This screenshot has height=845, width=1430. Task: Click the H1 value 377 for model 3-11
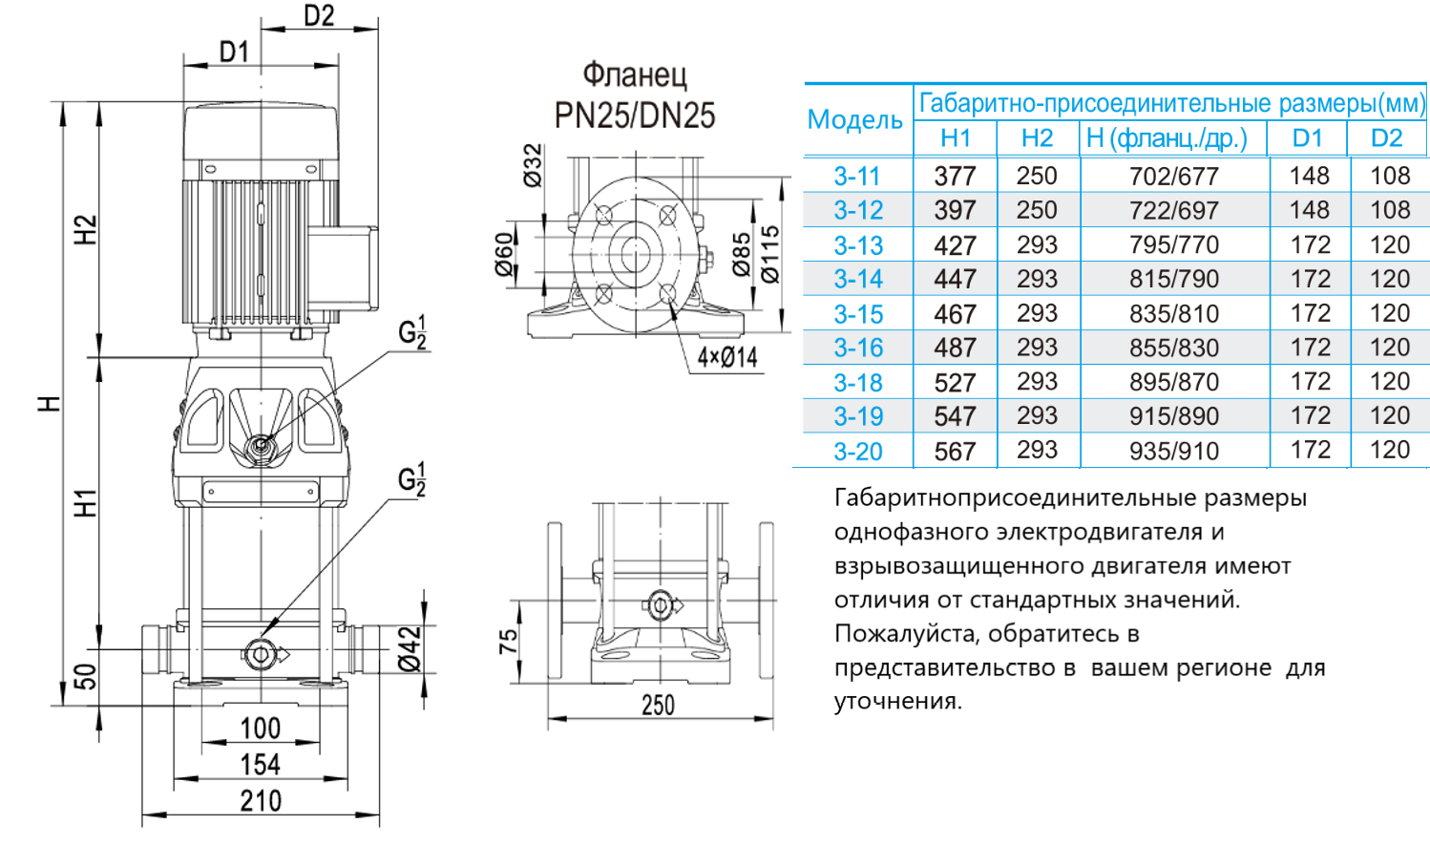coord(955,177)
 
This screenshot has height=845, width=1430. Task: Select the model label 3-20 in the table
coord(857,451)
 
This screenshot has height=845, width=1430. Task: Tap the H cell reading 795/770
coord(1173,245)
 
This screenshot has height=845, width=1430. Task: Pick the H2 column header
coord(1037,138)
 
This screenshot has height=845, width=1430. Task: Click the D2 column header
coord(1386,138)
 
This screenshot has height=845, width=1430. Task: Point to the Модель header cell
coord(854,120)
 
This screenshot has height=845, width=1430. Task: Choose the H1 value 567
coord(955,451)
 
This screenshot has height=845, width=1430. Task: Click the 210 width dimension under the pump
coord(260,801)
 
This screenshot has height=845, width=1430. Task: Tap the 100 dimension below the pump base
coord(260,729)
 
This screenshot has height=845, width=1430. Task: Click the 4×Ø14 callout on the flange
coord(726,358)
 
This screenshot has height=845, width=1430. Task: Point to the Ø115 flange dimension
coord(769,254)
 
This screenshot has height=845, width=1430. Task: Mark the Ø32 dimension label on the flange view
coord(533,164)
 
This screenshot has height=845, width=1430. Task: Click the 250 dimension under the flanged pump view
coord(658,706)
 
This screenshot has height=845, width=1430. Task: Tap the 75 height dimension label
coord(508,641)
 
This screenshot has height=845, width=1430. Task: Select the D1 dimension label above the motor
coord(234,52)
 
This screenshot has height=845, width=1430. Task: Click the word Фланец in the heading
coord(634,74)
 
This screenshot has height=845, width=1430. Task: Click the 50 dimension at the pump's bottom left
coord(86,677)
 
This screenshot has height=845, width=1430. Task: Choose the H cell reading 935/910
coord(1173,451)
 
